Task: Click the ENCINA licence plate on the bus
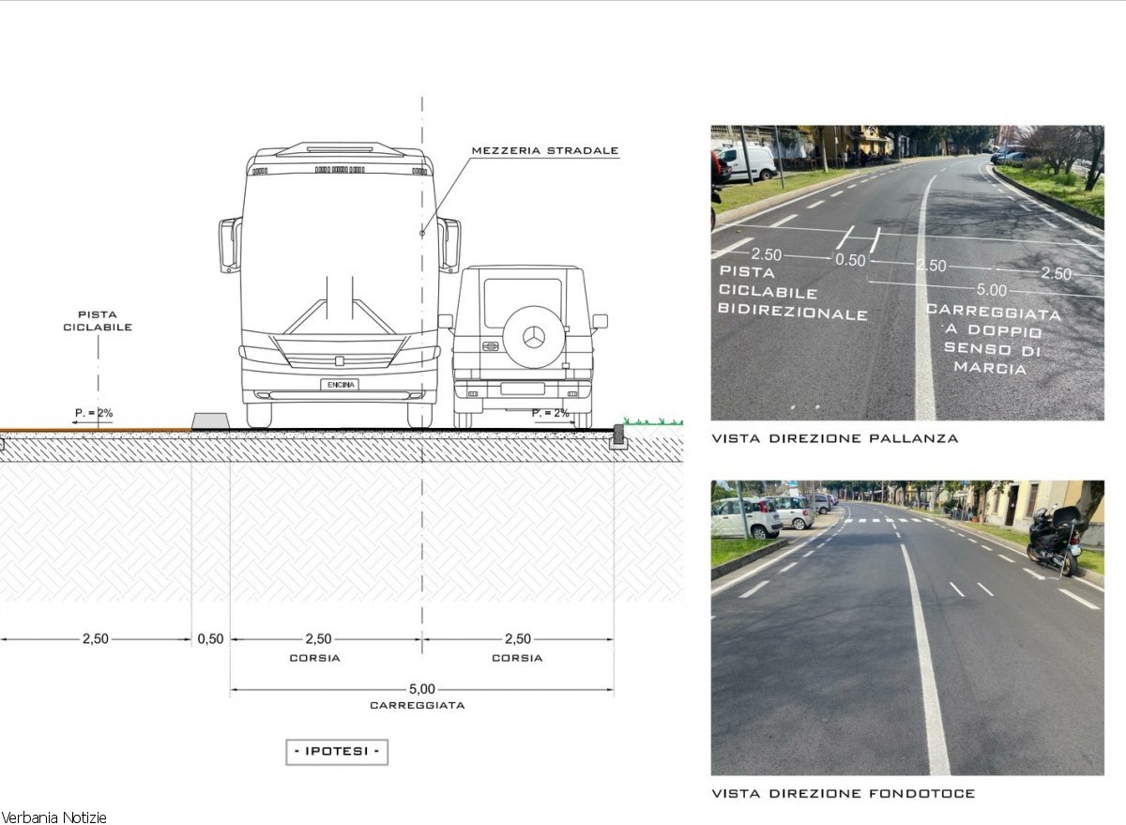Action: click(x=340, y=385)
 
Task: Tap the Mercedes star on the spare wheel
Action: click(x=534, y=337)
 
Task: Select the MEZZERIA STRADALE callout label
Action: click(x=545, y=150)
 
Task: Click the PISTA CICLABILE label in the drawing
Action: click(x=98, y=321)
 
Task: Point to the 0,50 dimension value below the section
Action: click(x=210, y=639)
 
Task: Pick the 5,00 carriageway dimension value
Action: click(x=421, y=689)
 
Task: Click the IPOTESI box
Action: click(x=337, y=752)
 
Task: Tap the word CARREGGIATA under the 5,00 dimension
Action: click(x=418, y=706)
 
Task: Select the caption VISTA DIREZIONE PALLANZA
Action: click(x=835, y=438)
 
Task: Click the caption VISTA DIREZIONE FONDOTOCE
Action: click(x=843, y=794)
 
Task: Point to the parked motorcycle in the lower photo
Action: click(x=1054, y=541)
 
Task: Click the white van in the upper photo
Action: click(x=747, y=161)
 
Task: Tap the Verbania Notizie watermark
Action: click(x=53, y=818)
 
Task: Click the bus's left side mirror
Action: click(x=230, y=245)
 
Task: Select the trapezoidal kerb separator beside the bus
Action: click(x=211, y=421)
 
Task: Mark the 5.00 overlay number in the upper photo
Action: click(x=991, y=290)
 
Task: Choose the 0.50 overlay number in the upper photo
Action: click(x=850, y=260)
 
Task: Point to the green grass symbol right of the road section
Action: click(x=653, y=421)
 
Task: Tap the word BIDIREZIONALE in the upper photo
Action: click(x=793, y=312)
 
